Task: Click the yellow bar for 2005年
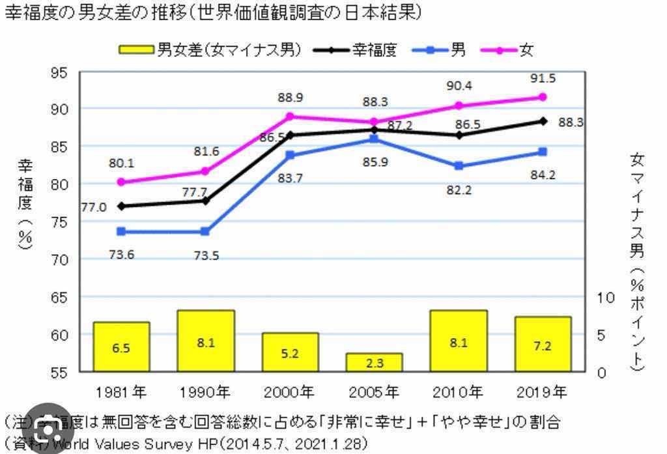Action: coord(374,362)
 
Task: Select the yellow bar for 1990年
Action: coord(206,341)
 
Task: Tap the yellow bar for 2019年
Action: coord(543,344)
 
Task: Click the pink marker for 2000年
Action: coord(290,117)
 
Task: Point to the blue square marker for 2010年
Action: coord(459,166)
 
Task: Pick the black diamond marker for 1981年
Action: coord(121,206)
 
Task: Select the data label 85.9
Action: coord(374,162)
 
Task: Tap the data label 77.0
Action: coord(94,208)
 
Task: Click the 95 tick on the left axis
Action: coord(59,71)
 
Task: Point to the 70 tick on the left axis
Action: coord(59,259)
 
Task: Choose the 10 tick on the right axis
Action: coord(606,297)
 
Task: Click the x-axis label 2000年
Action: coord(290,392)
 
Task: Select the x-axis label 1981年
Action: coord(121,392)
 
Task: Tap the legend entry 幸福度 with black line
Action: coord(355,50)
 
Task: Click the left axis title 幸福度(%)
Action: coord(24,203)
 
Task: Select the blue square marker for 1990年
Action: coord(205,231)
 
